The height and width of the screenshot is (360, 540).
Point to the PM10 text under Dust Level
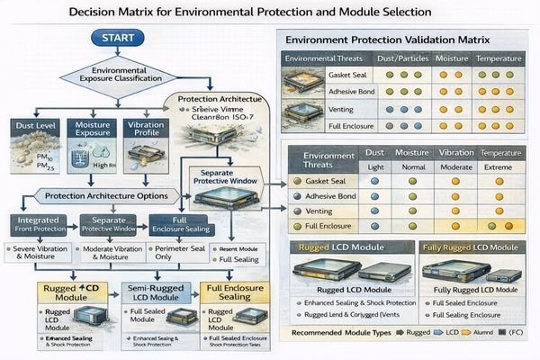[x=24, y=159]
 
